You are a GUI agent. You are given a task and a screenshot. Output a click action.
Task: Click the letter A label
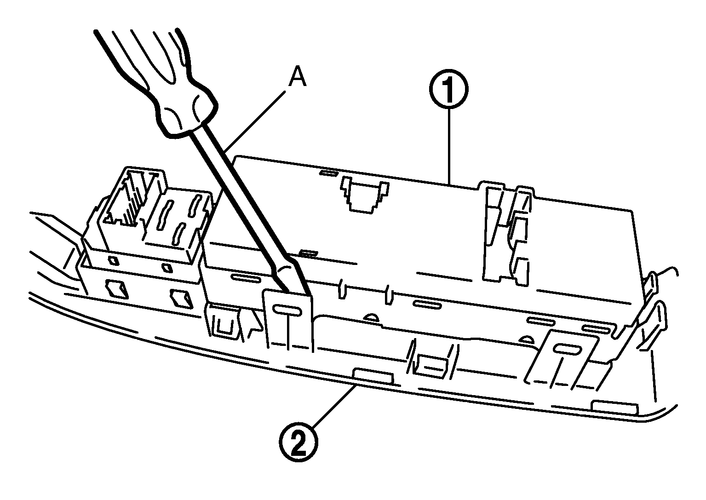click(297, 78)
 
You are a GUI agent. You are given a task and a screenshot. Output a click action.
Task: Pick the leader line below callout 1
click(448, 147)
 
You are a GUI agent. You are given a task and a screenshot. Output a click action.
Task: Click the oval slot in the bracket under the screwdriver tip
click(287, 311)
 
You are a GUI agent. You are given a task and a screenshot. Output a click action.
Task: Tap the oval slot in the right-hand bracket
click(568, 350)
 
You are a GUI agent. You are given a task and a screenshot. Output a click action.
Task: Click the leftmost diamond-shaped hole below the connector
click(115, 290)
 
